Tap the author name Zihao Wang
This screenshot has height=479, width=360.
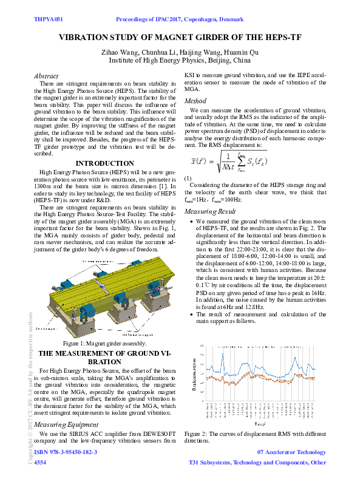pos(123,52)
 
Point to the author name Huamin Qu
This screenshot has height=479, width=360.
pos(242,52)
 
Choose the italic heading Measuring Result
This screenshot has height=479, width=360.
pos(210,211)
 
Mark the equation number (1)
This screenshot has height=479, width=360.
pos(188,177)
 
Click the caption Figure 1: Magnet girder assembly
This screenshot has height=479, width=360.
pos(103,344)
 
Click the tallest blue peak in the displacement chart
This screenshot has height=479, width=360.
pos(223,353)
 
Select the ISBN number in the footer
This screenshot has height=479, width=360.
pos(66,452)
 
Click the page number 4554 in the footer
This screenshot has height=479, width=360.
pos(39,463)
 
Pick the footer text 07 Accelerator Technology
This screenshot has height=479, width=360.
pos(291,452)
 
